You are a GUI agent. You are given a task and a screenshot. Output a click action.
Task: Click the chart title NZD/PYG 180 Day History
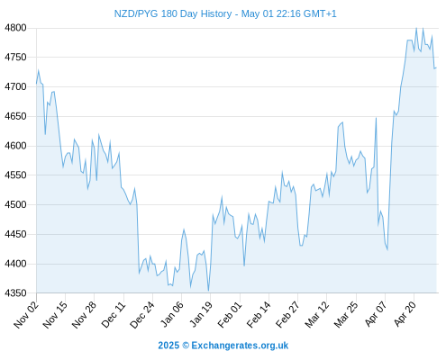(x=173, y=13)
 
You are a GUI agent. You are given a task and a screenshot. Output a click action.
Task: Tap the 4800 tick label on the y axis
(x=15, y=28)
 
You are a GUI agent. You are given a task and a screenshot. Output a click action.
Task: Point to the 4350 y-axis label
(x=15, y=292)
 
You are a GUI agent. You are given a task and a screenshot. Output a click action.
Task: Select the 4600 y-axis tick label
(x=15, y=146)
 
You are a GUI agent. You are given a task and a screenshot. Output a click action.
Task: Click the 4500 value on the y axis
(x=15, y=204)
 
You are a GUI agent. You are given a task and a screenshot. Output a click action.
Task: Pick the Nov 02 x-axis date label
(x=26, y=315)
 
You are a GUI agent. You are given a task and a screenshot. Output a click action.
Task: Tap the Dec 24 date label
(x=142, y=315)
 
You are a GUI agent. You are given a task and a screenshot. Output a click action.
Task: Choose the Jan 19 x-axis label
(x=201, y=315)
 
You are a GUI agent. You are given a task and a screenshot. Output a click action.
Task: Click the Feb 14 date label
(x=259, y=315)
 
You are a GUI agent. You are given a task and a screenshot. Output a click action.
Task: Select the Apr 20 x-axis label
(x=405, y=314)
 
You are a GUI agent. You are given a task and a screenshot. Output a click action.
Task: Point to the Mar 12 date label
(x=317, y=315)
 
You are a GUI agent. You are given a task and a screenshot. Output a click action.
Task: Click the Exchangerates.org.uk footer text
(x=240, y=346)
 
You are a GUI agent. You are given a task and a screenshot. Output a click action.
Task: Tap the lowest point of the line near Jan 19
(x=208, y=291)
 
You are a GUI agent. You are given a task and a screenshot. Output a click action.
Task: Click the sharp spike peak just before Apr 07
(x=376, y=118)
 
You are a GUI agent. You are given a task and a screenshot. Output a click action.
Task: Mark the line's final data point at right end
(x=436, y=68)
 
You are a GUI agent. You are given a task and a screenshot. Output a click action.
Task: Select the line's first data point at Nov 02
(x=37, y=83)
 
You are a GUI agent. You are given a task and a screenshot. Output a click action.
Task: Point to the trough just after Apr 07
(x=387, y=249)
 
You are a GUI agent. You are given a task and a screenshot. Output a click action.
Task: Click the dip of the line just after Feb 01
(x=244, y=265)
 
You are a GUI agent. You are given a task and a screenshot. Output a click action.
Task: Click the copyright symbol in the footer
(x=186, y=346)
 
